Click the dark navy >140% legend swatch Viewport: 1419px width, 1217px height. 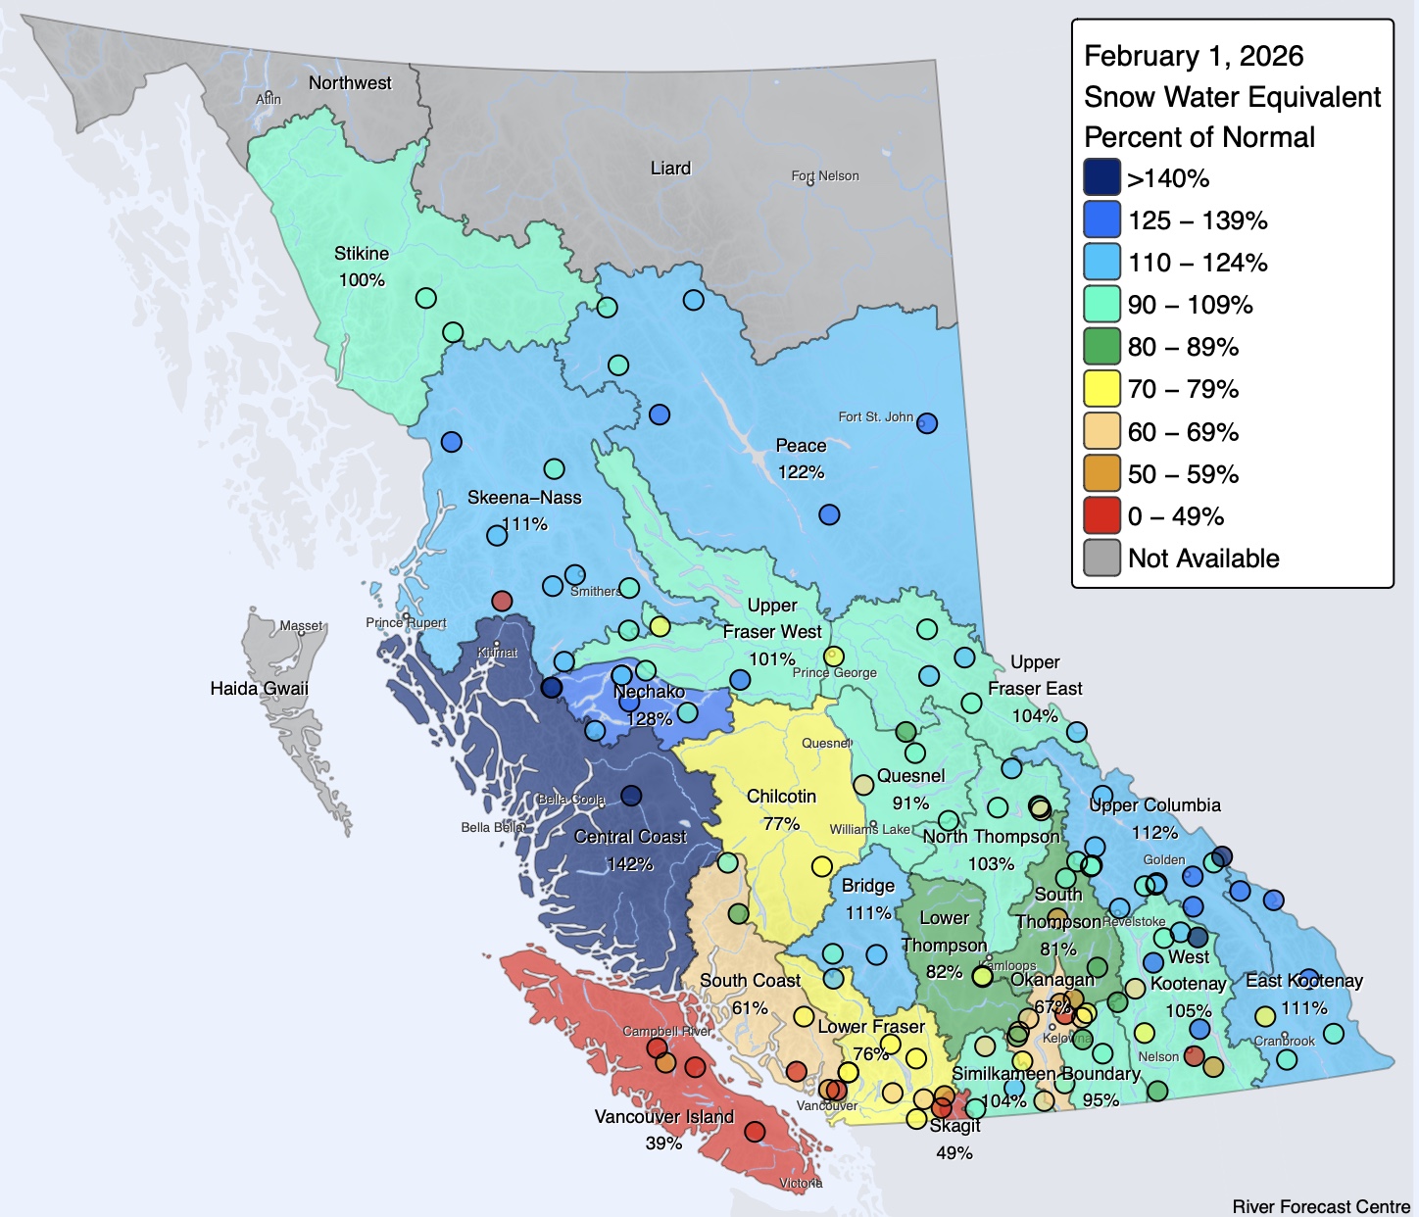point(1101,178)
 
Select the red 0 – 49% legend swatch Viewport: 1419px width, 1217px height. point(1101,516)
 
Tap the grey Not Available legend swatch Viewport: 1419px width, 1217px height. point(1101,559)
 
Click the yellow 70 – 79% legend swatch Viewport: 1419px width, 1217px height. point(1101,389)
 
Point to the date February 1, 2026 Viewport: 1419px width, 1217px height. point(1193,56)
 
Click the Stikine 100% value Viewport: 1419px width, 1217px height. point(362,280)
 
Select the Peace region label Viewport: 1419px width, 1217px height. point(801,446)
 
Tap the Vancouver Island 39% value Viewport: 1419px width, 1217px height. point(663,1144)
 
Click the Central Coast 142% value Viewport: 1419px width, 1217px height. point(629,864)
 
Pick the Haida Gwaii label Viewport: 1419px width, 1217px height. point(259,689)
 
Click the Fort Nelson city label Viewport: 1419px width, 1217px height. point(825,176)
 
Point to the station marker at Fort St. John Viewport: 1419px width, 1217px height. point(926,423)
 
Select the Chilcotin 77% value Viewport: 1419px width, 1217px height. point(781,824)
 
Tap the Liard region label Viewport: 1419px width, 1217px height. point(670,169)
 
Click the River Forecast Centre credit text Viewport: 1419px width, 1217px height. point(1320,1206)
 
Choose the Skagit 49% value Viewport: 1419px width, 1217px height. point(954,1153)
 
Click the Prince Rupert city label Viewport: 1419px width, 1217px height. point(406,623)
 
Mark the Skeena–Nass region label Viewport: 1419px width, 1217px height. point(524,498)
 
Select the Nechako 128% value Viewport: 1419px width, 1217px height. point(649,718)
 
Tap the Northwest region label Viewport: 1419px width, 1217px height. point(350,83)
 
